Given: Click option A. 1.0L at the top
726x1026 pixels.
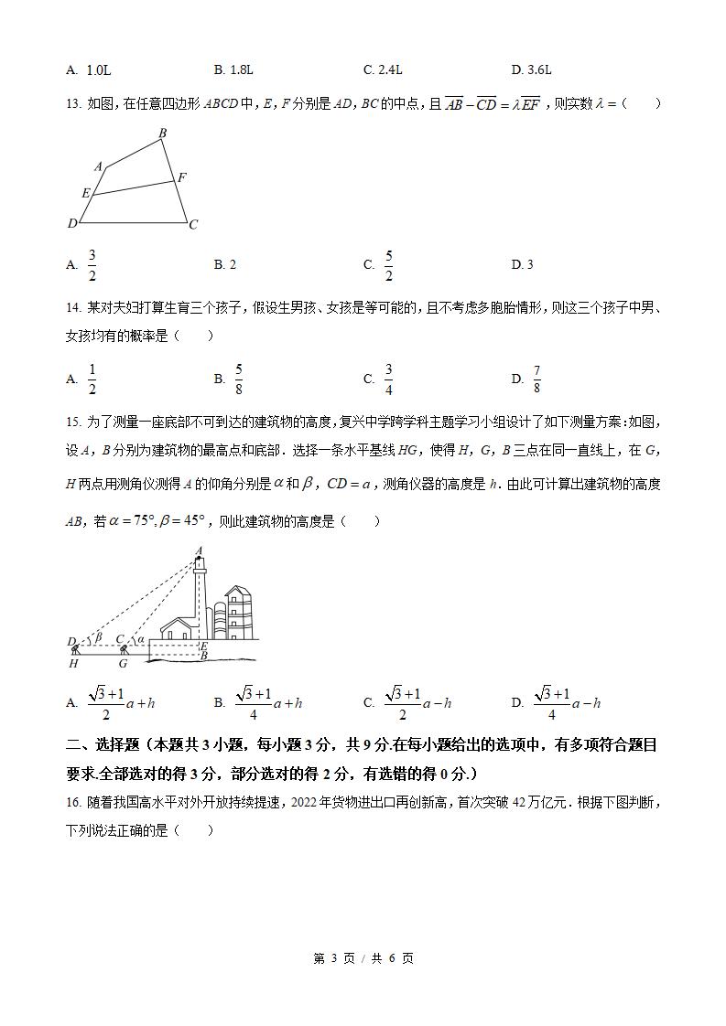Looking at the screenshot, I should [x=89, y=69].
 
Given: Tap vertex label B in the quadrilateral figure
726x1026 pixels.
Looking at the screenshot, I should [x=163, y=134].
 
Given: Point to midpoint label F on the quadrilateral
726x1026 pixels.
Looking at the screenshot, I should [x=181, y=177].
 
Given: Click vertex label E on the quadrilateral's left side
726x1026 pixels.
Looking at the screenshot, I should [x=85, y=193].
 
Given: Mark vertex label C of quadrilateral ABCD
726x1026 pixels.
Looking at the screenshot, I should [x=193, y=224].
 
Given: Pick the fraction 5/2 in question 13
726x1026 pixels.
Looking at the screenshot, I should [x=388, y=264].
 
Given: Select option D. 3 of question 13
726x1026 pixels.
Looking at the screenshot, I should [x=522, y=264].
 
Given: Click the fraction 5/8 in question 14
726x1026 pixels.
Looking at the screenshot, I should [x=238, y=378].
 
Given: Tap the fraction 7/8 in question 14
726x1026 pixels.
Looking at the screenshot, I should [x=536, y=378].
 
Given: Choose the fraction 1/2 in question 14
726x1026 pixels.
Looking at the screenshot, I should [x=92, y=378].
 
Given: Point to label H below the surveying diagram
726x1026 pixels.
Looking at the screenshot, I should [x=74, y=664].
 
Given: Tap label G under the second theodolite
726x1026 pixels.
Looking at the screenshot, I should [x=123, y=664].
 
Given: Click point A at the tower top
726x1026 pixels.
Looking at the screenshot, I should [x=199, y=551].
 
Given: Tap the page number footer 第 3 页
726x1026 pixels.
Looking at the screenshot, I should [x=333, y=958].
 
